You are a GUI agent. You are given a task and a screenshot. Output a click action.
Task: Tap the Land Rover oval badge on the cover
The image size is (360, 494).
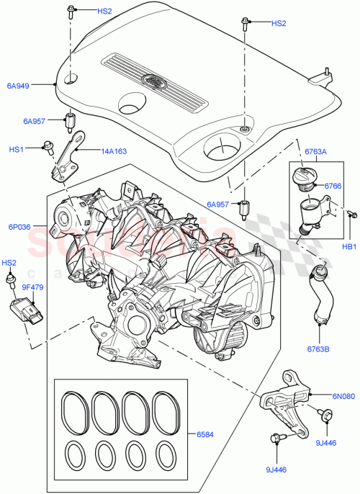[153, 81]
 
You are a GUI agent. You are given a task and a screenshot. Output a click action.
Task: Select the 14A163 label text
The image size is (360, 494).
[114, 151]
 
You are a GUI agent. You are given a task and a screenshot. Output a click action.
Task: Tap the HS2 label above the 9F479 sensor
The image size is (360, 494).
[9, 263]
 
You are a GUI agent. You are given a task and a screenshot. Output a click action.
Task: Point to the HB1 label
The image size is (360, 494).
[348, 246]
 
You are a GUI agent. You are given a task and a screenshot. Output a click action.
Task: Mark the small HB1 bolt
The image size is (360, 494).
[352, 214]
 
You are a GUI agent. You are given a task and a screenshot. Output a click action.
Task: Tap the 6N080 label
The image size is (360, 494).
[343, 395]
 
